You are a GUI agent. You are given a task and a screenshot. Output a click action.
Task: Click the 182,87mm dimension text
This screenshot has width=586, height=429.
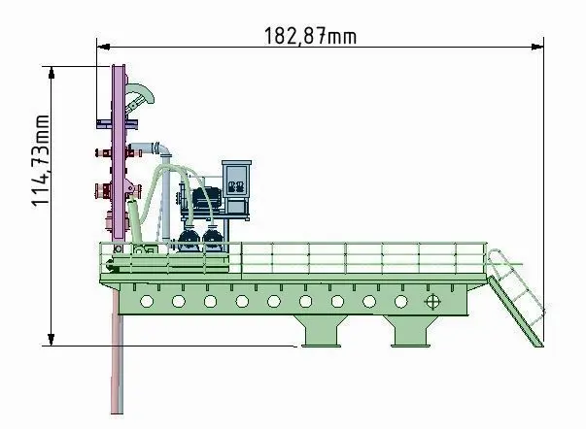(x=310, y=36)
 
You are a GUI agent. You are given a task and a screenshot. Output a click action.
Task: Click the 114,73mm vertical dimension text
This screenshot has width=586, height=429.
(x=41, y=160)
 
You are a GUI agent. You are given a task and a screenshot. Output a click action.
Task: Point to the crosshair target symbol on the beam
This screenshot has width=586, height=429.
(x=432, y=302)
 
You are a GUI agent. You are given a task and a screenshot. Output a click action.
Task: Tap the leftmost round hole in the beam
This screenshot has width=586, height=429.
(x=147, y=301)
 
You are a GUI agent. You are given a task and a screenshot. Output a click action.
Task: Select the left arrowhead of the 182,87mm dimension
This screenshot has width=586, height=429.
(x=103, y=47)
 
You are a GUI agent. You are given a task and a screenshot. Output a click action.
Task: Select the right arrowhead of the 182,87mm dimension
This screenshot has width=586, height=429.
(x=537, y=47)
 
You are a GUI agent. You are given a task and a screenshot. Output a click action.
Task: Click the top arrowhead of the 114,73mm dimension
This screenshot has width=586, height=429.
(x=52, y=73)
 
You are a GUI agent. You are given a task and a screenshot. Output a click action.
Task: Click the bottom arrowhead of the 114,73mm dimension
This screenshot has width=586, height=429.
(x=52, y=339)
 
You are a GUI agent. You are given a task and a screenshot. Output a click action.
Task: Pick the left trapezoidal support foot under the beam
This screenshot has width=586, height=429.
(x=321, y=331)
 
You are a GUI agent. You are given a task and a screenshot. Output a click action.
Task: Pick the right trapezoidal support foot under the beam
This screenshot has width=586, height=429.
(x=411, y=331)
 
